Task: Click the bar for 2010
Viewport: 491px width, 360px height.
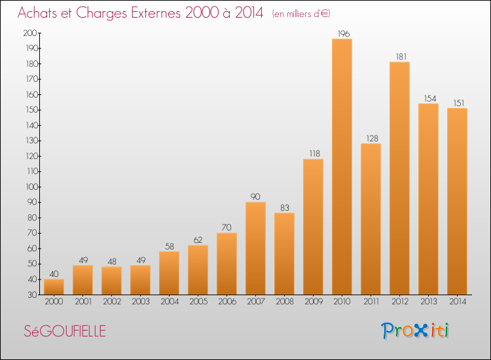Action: pos(342,166)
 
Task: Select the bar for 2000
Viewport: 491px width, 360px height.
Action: pos(54,287)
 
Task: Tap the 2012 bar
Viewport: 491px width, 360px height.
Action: pos(399,178)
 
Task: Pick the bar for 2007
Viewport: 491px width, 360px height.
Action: pos(255,248)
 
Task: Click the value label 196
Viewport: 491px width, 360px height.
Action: pos(344,33)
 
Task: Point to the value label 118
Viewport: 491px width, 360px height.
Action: pos(315,153)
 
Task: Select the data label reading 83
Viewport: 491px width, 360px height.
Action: pos(285,208)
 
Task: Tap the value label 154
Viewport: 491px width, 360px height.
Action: pos(430,99)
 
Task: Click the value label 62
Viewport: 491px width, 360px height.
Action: pos(198,240)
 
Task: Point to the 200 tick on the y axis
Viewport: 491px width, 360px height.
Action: pos(30,33)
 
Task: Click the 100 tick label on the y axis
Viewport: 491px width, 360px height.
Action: pos(31,187)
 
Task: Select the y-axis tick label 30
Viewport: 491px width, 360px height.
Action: pos(32,295)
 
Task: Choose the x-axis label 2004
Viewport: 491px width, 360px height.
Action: pos(170,302)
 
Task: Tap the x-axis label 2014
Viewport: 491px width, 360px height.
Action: pos(458,302)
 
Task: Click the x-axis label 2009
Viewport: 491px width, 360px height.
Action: pos(314,302)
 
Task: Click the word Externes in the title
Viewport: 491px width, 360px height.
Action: pos(156,13)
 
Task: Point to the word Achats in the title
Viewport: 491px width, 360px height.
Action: pos(37,13)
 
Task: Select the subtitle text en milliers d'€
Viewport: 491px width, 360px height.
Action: pos(302,14)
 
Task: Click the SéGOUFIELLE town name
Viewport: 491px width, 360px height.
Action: pos(65,331)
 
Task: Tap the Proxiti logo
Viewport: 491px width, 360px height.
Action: pos(415,331)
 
